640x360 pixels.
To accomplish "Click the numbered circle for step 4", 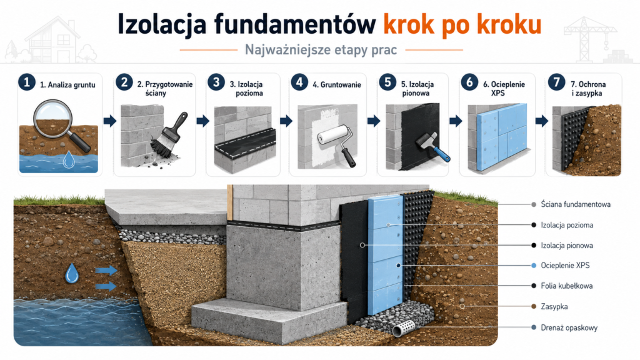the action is pyautogui.click(x=299, y=82).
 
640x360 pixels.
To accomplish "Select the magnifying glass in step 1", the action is pyautogui.click(x=61, y=124).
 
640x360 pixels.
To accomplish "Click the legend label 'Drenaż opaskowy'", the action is pyautogui.click(x=569, y=327).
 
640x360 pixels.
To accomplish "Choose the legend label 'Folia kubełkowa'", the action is pyautogui.click(x=566, y=286).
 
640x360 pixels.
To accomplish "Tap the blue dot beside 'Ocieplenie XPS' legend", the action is pyautogui.click(x=534, y=265).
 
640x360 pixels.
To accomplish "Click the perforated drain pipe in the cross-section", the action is pyautogui.click(x=404, y=327).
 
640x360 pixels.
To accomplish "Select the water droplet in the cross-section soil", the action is pyautogui.click(x=72, y=273).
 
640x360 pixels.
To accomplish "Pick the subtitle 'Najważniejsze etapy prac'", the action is pyautogui.click(x=321, y=50).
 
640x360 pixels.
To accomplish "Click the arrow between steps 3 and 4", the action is pyautogui.click(x=286, y=121).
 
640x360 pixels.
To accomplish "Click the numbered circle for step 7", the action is pyautogui.click(x=556, y=82).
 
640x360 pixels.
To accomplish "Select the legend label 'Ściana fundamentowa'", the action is pyautogui.click(x=576, y=204).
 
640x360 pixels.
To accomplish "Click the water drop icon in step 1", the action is pyautogui.click(x=69, y=159).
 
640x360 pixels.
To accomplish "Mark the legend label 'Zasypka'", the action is pyautogui.click(x=554, y=306).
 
